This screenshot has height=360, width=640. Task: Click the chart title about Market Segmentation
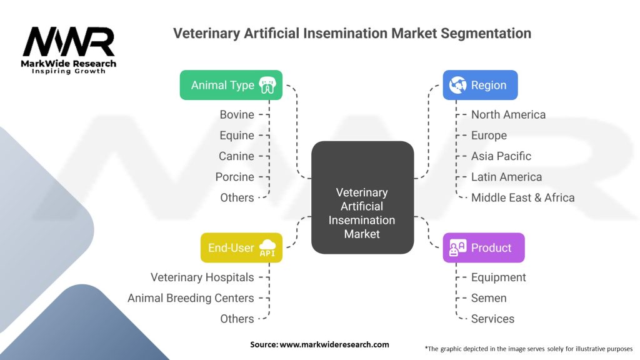click(352, 33)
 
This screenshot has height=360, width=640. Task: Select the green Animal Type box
click(231, 85)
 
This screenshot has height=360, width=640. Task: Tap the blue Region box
click(480, 85)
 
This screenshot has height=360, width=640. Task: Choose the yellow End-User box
click(241, 247)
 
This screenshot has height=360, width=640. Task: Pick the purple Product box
click(483, 247)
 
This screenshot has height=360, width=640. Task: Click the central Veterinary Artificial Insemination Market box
click(362, 213)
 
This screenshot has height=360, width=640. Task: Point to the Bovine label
click(237, 114)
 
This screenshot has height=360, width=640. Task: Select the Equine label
click(237, 135)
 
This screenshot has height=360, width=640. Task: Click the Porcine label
click(234, 177)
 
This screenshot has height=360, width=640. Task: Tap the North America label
click(508, 114)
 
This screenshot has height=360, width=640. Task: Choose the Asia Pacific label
click(501, 156)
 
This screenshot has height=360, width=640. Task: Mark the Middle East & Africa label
click(522, 197)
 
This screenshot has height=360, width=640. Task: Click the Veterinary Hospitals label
click(202, 277)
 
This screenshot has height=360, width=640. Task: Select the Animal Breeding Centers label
click(191, 298)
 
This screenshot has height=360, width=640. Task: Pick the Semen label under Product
click(489, 298)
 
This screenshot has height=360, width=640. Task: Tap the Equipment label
click(498, 277)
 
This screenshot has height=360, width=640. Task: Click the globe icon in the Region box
click(457, 85)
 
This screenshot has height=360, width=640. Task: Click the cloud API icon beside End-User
click(267, 247)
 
